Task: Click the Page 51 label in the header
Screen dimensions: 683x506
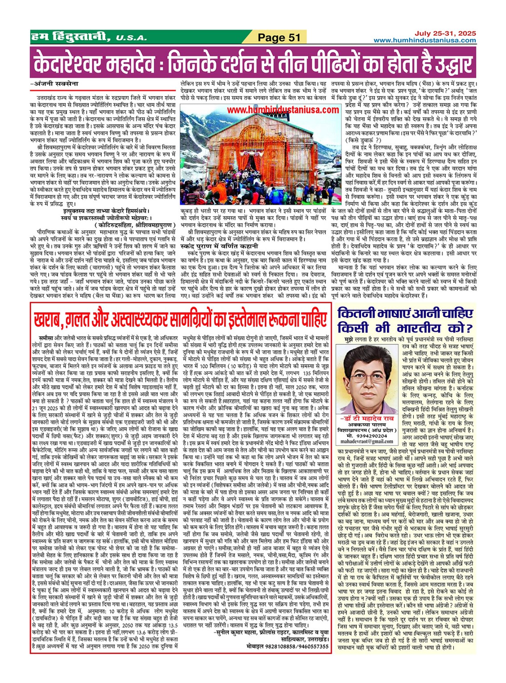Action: click(280, 37)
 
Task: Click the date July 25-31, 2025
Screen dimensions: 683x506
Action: click(445, 33)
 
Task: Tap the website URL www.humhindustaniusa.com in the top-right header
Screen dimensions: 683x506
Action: click(424, 41)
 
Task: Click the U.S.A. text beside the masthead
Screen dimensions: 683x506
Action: click(131, 38)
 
